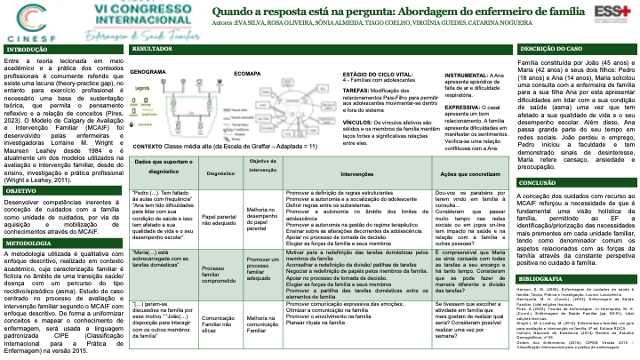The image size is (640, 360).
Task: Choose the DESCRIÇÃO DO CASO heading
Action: [x=551, y=50]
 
